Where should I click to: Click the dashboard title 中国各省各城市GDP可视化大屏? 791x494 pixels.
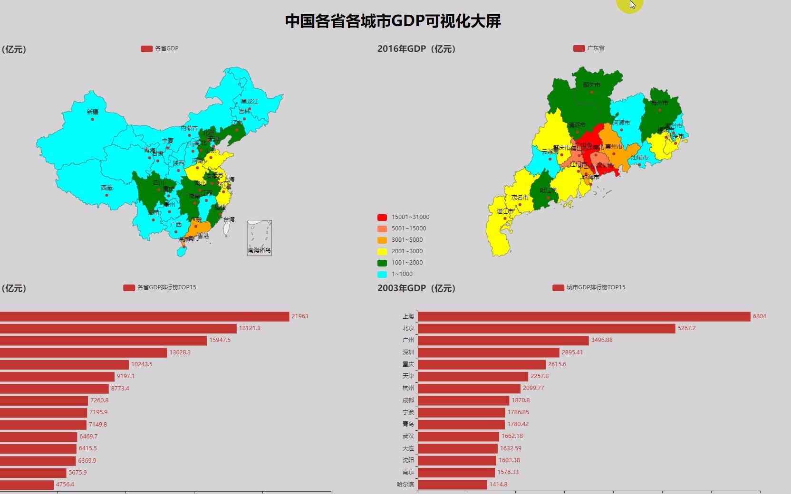tap(393, 21)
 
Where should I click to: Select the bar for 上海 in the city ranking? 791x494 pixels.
tap(584, 316)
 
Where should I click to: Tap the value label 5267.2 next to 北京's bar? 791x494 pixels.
tap(686, 328)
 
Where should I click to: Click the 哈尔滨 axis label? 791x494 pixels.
tap(405, 484)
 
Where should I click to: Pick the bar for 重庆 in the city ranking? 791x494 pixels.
tap(482, 364)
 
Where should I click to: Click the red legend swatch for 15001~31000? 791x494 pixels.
tap(382, 218)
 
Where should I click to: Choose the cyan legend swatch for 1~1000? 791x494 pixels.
tap(382, 275)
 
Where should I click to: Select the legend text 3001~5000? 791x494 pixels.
tap(407, 240)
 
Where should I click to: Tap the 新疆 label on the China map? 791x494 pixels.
tap(92, 112)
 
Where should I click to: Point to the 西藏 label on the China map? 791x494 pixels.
tap(106, 188)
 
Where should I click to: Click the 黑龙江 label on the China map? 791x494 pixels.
tap(249, 102)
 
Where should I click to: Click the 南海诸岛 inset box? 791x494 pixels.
tap(259, 238)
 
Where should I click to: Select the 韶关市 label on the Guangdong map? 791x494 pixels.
tap(591, 85)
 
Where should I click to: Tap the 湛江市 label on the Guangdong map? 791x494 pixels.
tap(505, 211)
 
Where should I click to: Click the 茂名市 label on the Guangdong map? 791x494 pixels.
tap(520, 198)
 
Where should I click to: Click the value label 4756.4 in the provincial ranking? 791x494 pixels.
tap(65, 484)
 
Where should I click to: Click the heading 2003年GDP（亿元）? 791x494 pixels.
tap(416, 288)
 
